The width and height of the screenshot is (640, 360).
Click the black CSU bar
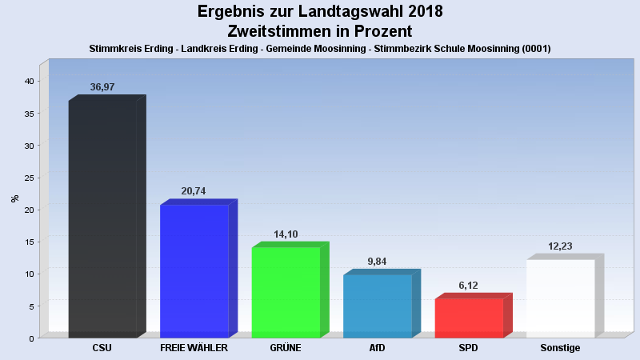click(x=102, y=218)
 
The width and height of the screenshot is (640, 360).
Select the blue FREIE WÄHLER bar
click(x=194, y=271)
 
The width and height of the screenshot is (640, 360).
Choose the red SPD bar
click(x=469, y=318)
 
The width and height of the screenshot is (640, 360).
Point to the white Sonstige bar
click(x=560, y=298)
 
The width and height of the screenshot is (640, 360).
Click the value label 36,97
click(x=102, y=87)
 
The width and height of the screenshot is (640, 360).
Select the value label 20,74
click(x=194, y=191)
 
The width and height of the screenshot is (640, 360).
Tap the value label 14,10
click(x=286, y=234)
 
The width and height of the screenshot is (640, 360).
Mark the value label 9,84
click(x=377, y=261)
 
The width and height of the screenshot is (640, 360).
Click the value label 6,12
click(x=469, y=285)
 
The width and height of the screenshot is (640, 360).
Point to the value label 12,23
click(x=560, y=246)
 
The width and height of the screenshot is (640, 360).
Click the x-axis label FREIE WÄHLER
click(x=194, y=349)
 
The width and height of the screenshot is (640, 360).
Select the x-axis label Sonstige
click(x=560, y=349)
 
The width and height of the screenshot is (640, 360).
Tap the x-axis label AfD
click(x=377, y=349)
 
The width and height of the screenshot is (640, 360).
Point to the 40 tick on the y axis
click(x=28, y=82)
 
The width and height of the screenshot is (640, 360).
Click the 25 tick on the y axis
click(x=28, y=178)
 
